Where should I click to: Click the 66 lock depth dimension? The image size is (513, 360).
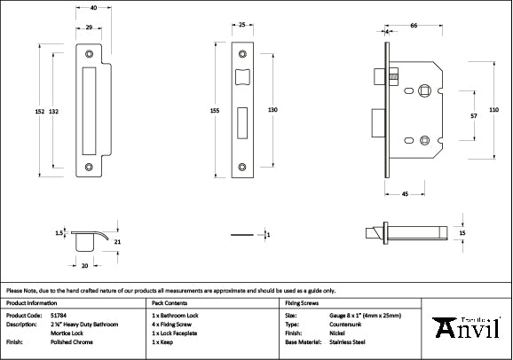415,27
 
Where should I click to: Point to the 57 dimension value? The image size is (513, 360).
473,115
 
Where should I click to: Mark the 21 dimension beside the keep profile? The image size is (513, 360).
116,241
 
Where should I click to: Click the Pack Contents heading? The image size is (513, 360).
170,302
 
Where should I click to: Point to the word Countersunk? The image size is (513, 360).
346,324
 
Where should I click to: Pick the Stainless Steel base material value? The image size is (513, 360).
348,340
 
